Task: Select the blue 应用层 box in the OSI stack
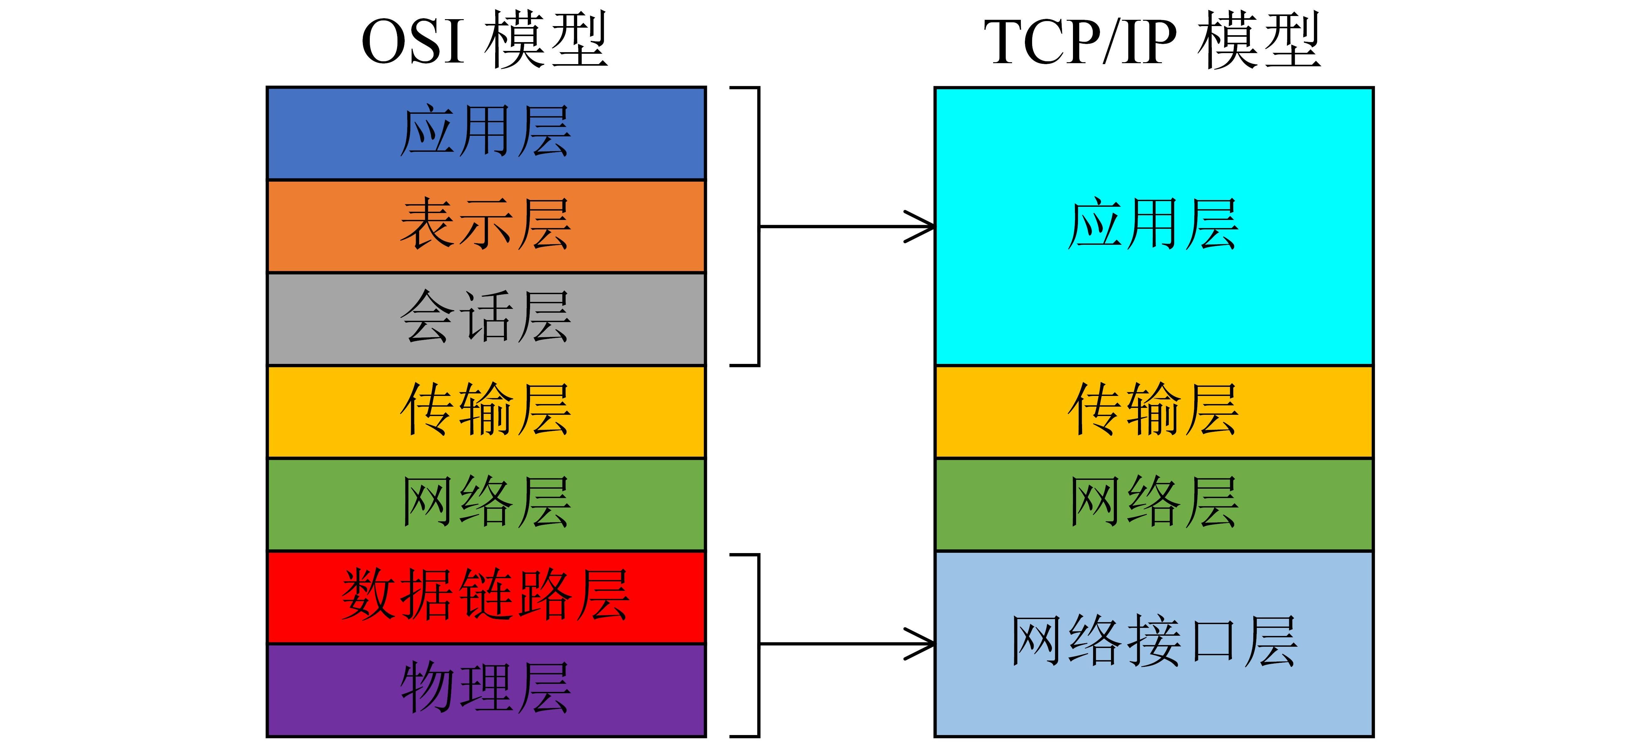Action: [486, 133]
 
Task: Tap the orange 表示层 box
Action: [486, 226]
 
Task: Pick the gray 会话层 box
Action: [486, 318]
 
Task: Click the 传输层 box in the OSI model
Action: [486, 411]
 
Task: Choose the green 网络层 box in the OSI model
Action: [486, 504]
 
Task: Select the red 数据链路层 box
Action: [486, 597]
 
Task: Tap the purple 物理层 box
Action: [486, 689]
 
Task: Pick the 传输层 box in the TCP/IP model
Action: [1154, 411]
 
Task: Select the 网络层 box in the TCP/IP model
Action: [1154, 504]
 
